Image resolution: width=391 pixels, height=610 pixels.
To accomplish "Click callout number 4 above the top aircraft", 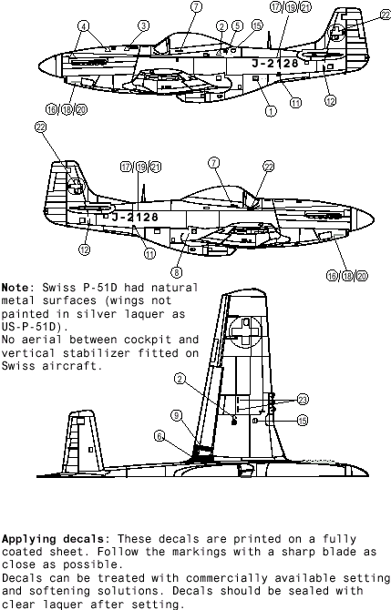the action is pyautogui.click(x=83, y=26).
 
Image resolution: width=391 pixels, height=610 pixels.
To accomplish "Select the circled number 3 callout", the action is pyautogui.click(x=144, y=25).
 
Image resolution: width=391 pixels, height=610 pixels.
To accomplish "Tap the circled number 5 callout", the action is pyautogui.click(x=238, y=25).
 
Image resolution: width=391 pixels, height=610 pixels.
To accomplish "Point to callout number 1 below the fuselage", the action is pyautogui.click(x=271, y=111).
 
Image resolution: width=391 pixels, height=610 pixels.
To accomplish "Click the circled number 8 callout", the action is pyautogui.click(x=177, y=272).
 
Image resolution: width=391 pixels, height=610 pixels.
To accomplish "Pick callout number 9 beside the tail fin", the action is pyautogui.click(x=177, y=415).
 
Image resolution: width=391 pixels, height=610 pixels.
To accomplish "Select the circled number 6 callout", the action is pyautogui.click(x=159, y=436).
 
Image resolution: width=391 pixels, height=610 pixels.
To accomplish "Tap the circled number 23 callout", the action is pyautogui.click(x=303, y=400).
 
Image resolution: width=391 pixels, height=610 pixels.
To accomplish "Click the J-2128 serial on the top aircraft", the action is pyautogui.click(x=275, y=63).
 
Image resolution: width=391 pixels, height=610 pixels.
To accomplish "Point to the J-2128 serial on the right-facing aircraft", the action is pyautogui.click(x=135, y=217).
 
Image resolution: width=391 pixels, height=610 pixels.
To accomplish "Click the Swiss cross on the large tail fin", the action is pyautogui.click(x=245, y=331).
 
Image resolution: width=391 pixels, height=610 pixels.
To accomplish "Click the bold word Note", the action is pyautogui.click(x=15, y=288).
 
